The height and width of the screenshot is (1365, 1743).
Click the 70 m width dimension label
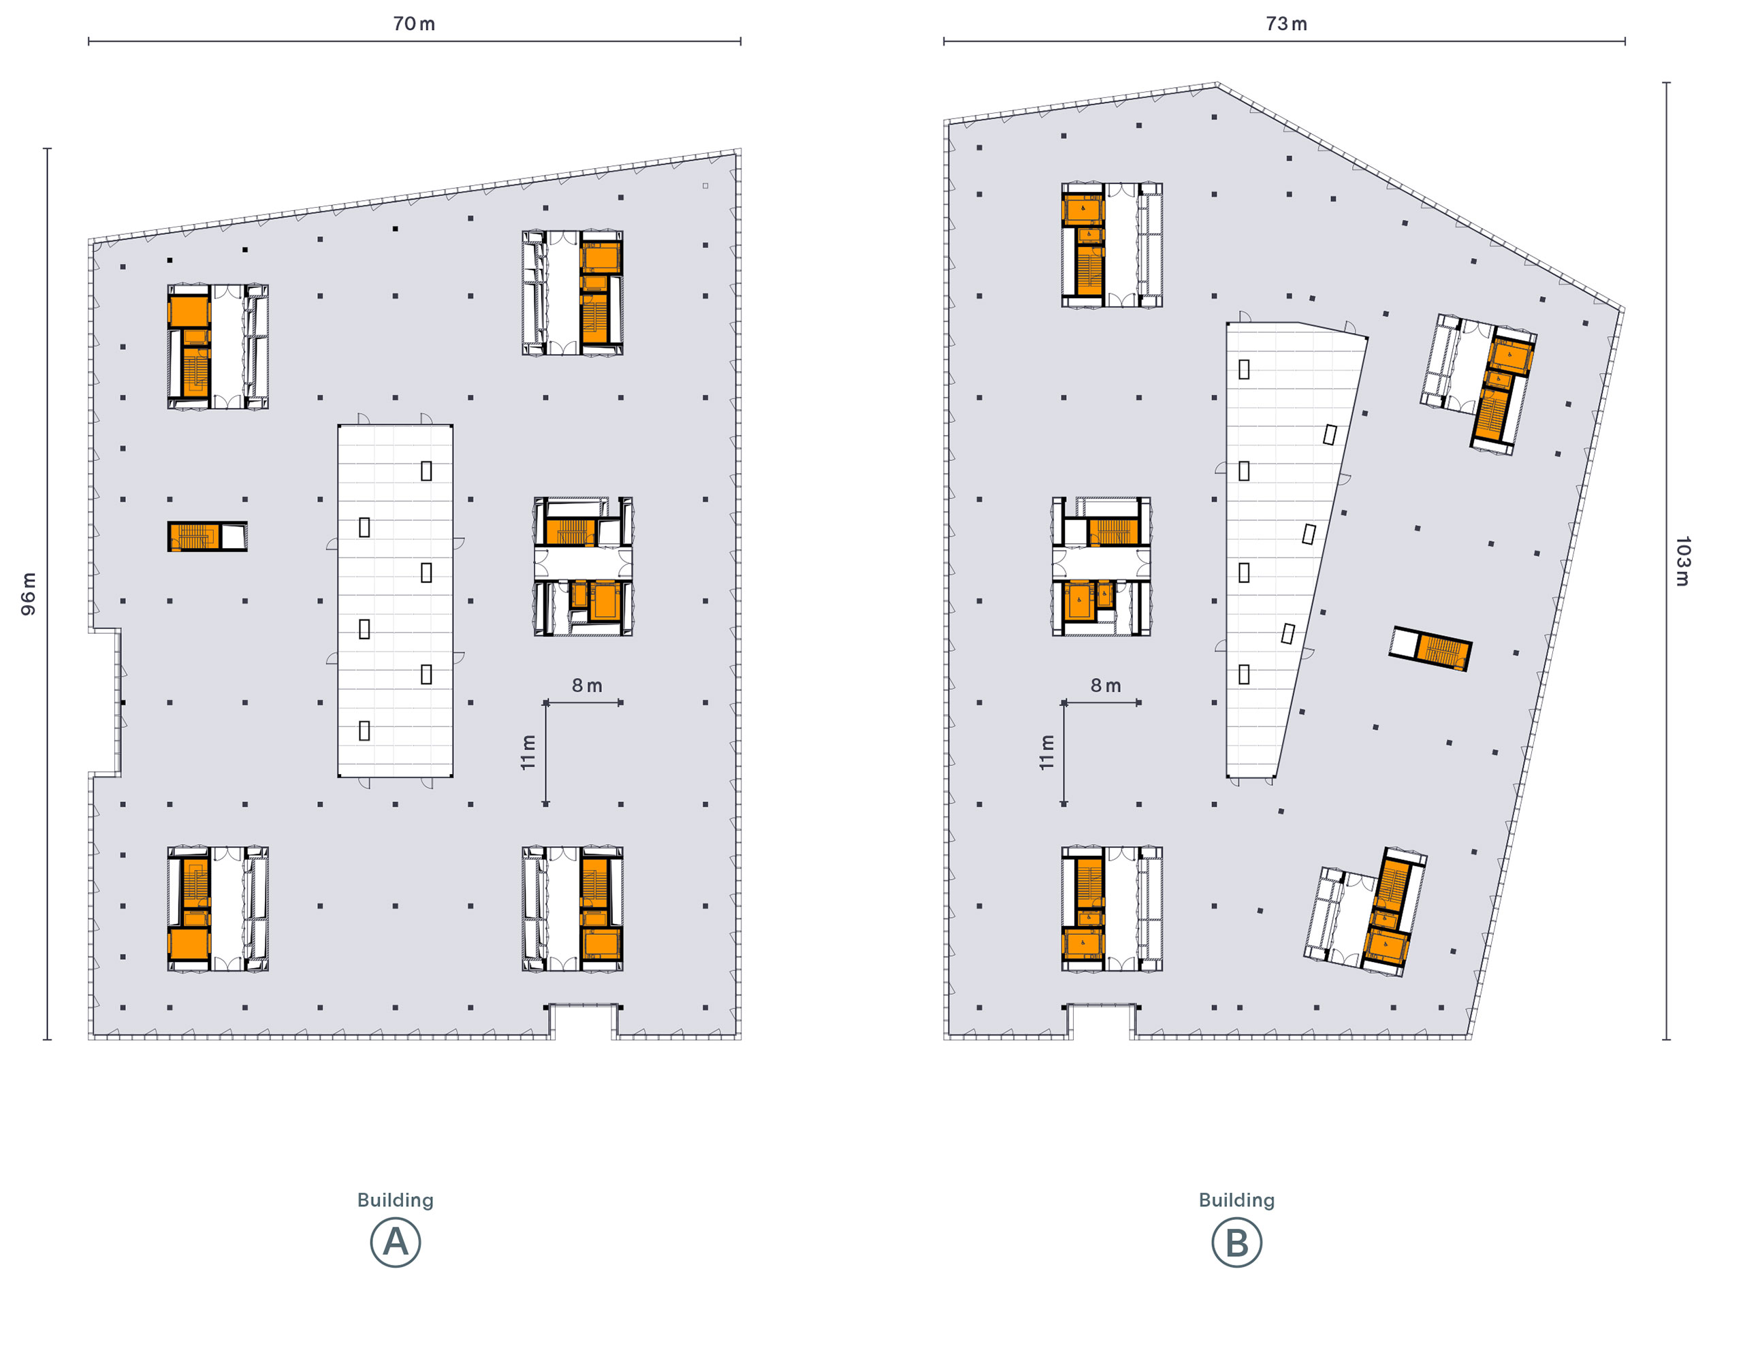coord(414,24)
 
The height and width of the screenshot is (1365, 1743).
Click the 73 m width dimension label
coord(1286,24)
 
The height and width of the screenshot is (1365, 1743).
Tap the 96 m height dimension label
coord(28,594)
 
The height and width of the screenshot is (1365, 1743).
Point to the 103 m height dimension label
coord(1682,561)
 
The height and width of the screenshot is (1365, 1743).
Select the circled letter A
coord(396,1242)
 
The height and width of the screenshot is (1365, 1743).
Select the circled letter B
coord(1236,1242)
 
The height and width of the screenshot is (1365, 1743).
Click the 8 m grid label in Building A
coord(587,686)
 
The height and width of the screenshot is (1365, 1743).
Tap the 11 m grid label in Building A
coord(528,752)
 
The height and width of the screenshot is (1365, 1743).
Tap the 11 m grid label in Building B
coord(1047,752)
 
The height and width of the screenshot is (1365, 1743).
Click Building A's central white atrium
coord(396,601)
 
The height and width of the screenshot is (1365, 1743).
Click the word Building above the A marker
coord(396,1200)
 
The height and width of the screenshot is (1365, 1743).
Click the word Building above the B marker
coord(1236,1200)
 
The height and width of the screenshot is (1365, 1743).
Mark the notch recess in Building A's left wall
coord(105,702)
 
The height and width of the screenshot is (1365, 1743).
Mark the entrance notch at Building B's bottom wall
coord(1101,1021)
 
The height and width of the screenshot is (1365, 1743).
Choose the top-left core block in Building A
coord(218,347)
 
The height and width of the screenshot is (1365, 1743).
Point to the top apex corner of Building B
coord(1217,83)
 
